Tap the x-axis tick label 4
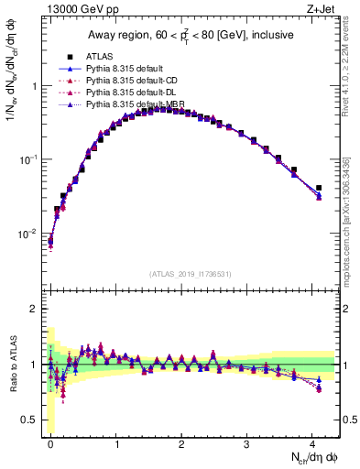(312, 442)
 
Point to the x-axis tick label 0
(50, 442)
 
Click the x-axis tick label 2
(181, 442)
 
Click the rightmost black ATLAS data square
(319, 188)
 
